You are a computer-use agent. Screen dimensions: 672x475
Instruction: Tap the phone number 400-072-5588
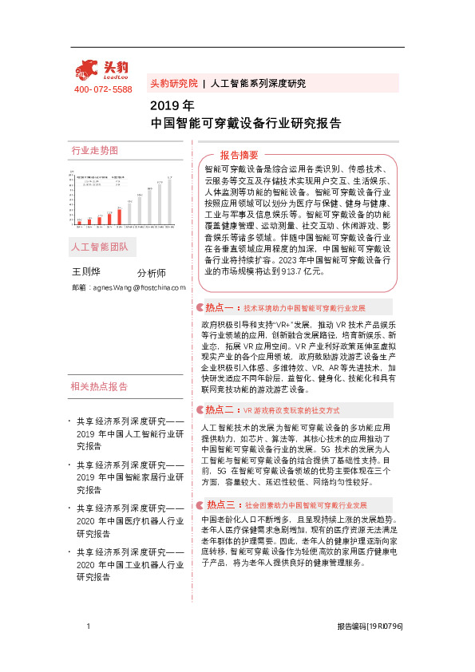click(x=103, y=89)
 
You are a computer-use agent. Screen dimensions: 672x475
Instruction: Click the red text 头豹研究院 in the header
click(x=173, y=83)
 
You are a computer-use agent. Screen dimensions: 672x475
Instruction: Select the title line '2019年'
click(x=172, y=105)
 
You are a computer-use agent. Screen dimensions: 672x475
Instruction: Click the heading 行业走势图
click(x=95, y=150)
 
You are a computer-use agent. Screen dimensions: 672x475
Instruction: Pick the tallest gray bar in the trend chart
click(x=168, y=200)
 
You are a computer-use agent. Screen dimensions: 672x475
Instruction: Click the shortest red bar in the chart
click(x=79, y=221)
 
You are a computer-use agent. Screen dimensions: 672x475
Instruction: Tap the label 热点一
click(x=218, y=306)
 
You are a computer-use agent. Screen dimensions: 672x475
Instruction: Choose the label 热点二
click(x=218, y=409)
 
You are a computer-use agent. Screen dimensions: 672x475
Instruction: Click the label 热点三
click(x=220, y=504)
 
